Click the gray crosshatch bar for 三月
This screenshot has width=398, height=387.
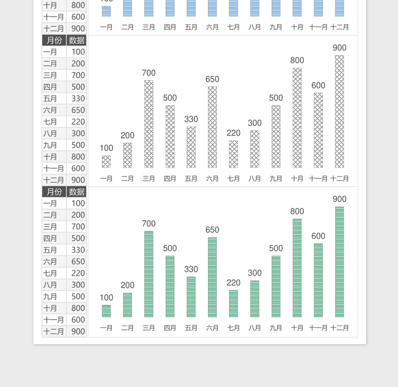[149, 124]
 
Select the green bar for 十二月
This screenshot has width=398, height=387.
[339, 262]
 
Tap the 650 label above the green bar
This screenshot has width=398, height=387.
[212, 230]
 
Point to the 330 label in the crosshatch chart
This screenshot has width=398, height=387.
[191, 119]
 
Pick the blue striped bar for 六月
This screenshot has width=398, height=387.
[212, 8]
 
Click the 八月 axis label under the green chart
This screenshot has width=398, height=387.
[255, 328]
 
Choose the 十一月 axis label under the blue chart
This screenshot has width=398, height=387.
[318, 27]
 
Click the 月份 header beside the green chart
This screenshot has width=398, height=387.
[54, 192]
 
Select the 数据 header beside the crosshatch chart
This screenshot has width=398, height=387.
[77, 40]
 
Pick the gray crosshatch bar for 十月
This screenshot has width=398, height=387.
[297, 118]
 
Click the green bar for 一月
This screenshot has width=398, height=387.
[106, 311]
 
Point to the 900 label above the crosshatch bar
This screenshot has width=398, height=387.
[339, 48]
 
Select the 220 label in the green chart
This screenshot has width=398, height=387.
[233, 283]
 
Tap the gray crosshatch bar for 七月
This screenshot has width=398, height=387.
[233, 154]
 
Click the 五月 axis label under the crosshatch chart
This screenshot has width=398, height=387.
[191, 179]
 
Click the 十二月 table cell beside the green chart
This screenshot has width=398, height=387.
[54, 332]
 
